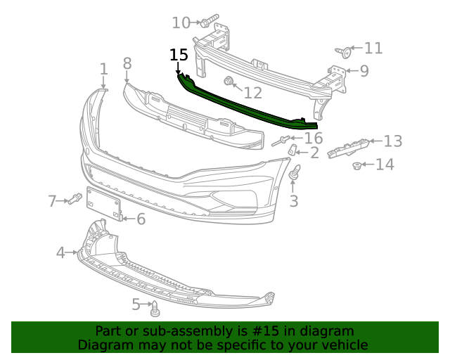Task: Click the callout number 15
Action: pos(179,55)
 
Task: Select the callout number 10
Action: pos(181,23)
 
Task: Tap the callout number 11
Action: pos(373,48)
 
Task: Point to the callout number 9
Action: pos(364,70)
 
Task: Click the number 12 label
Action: pos(252,92)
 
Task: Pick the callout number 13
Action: pos(392,141)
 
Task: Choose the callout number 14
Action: pos(385,165)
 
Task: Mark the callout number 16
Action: pos(313,138)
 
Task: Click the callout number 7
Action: pos(52,202)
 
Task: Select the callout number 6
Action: pos(141,219)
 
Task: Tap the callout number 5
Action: pos(136,304)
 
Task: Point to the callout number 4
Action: pos(60,252)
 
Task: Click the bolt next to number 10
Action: pos(210,21)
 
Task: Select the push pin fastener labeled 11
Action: pos(342,51)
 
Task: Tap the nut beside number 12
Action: pos(229,82)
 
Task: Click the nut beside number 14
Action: pos(357,167)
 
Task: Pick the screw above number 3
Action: pos(295,172)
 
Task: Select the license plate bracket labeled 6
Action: pos(104,206)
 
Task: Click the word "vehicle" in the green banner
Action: pos(342,345)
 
